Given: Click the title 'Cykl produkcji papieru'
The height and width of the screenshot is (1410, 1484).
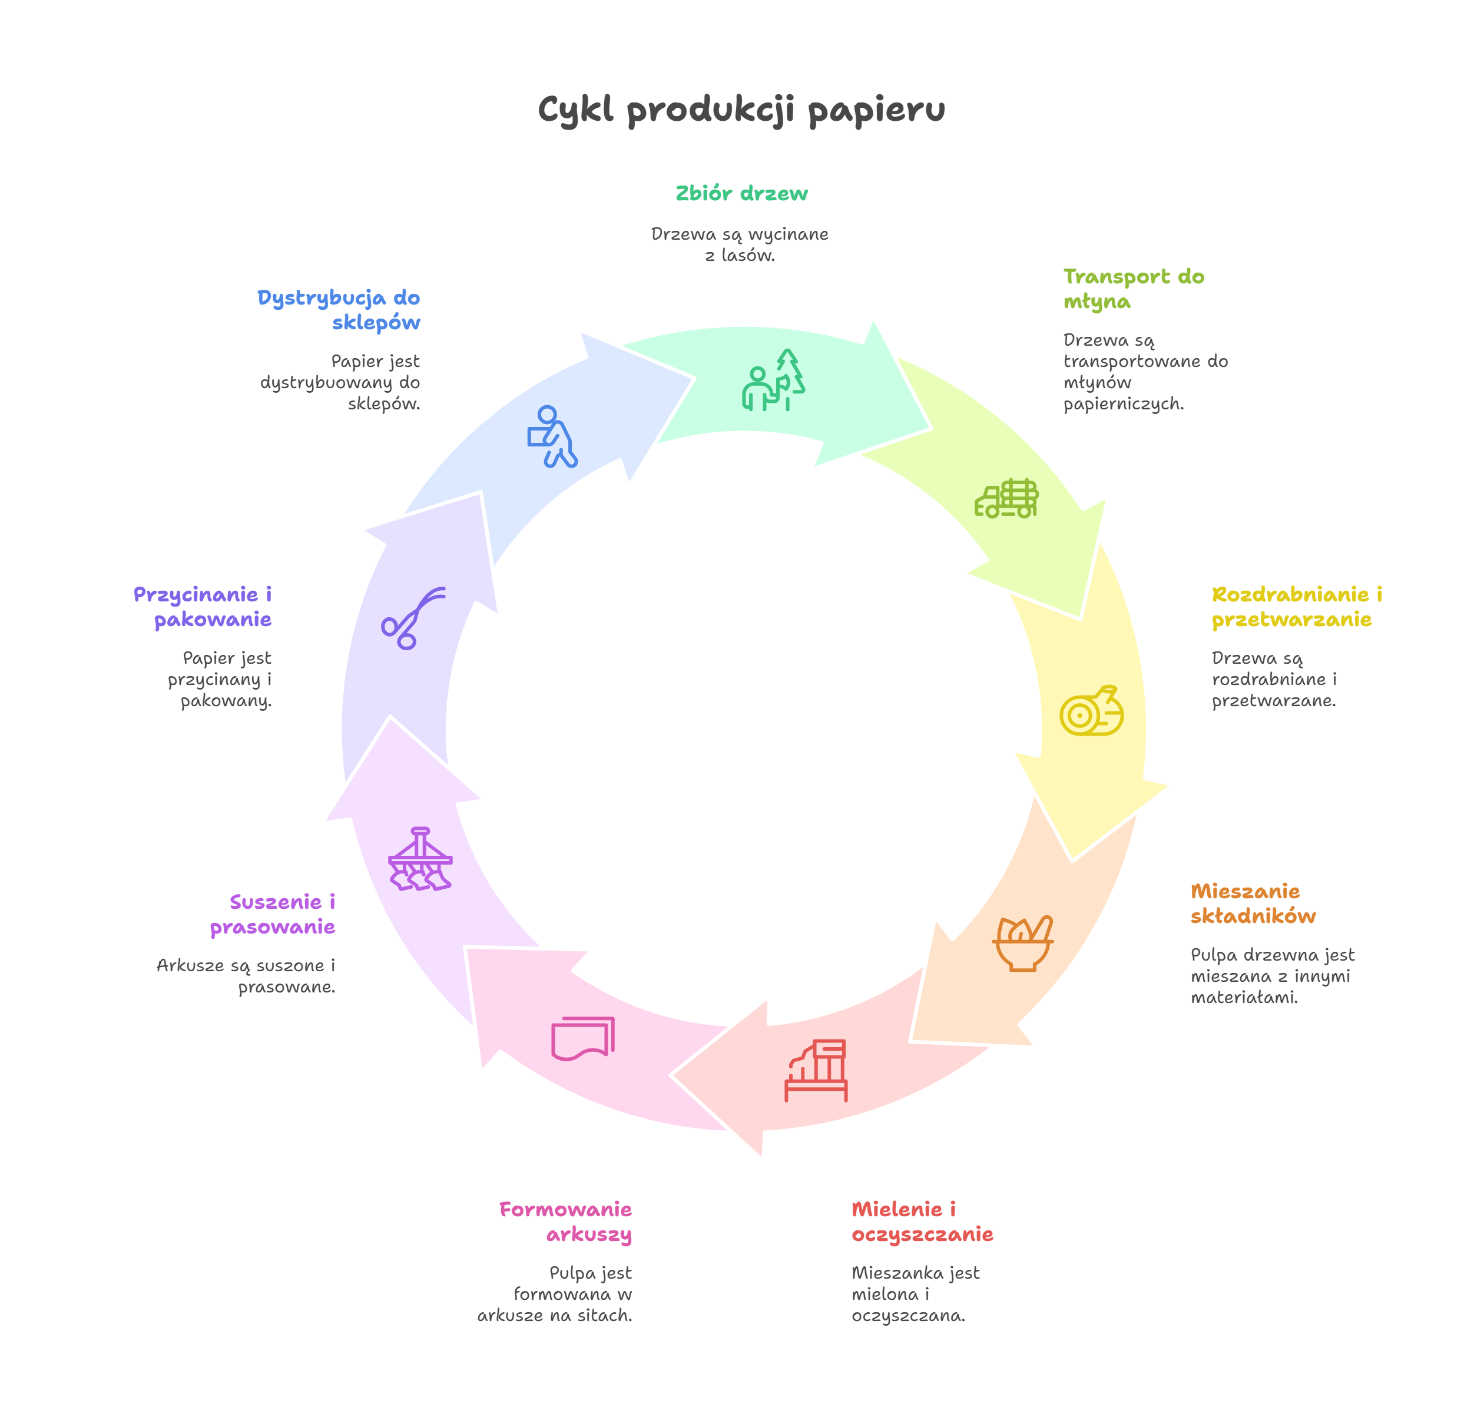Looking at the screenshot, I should click(741, 111).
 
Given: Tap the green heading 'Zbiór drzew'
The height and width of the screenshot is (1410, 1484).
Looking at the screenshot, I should click(741, 194).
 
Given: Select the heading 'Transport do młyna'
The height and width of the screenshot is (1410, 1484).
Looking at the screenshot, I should click(1132, 289).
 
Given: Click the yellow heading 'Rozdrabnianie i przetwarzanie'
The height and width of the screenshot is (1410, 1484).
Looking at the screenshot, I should click(1296, 607).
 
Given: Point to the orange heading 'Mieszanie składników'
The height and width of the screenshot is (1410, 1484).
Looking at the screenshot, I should click(1253, 903).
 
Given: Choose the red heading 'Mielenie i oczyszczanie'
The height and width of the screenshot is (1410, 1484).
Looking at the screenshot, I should click(922, 1222).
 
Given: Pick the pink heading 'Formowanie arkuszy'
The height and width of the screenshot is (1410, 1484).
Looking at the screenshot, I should click(566, 1222).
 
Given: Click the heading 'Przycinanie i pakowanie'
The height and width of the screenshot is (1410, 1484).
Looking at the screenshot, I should click(203, 607).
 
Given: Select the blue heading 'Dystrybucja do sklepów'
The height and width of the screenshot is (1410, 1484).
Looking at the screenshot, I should click(339, 310).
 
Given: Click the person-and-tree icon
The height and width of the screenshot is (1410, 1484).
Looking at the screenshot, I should click(773, 380).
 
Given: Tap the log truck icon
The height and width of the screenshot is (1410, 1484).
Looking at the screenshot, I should click(1006, 498).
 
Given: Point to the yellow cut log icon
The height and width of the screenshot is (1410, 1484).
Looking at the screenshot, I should click(1091, 711).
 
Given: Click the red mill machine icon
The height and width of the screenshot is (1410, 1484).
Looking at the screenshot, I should click(816, 1070).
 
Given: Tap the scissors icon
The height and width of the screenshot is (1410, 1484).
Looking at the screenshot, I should click(412, 618).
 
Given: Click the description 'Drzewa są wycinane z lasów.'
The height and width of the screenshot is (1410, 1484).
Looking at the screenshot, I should click(740, 244).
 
